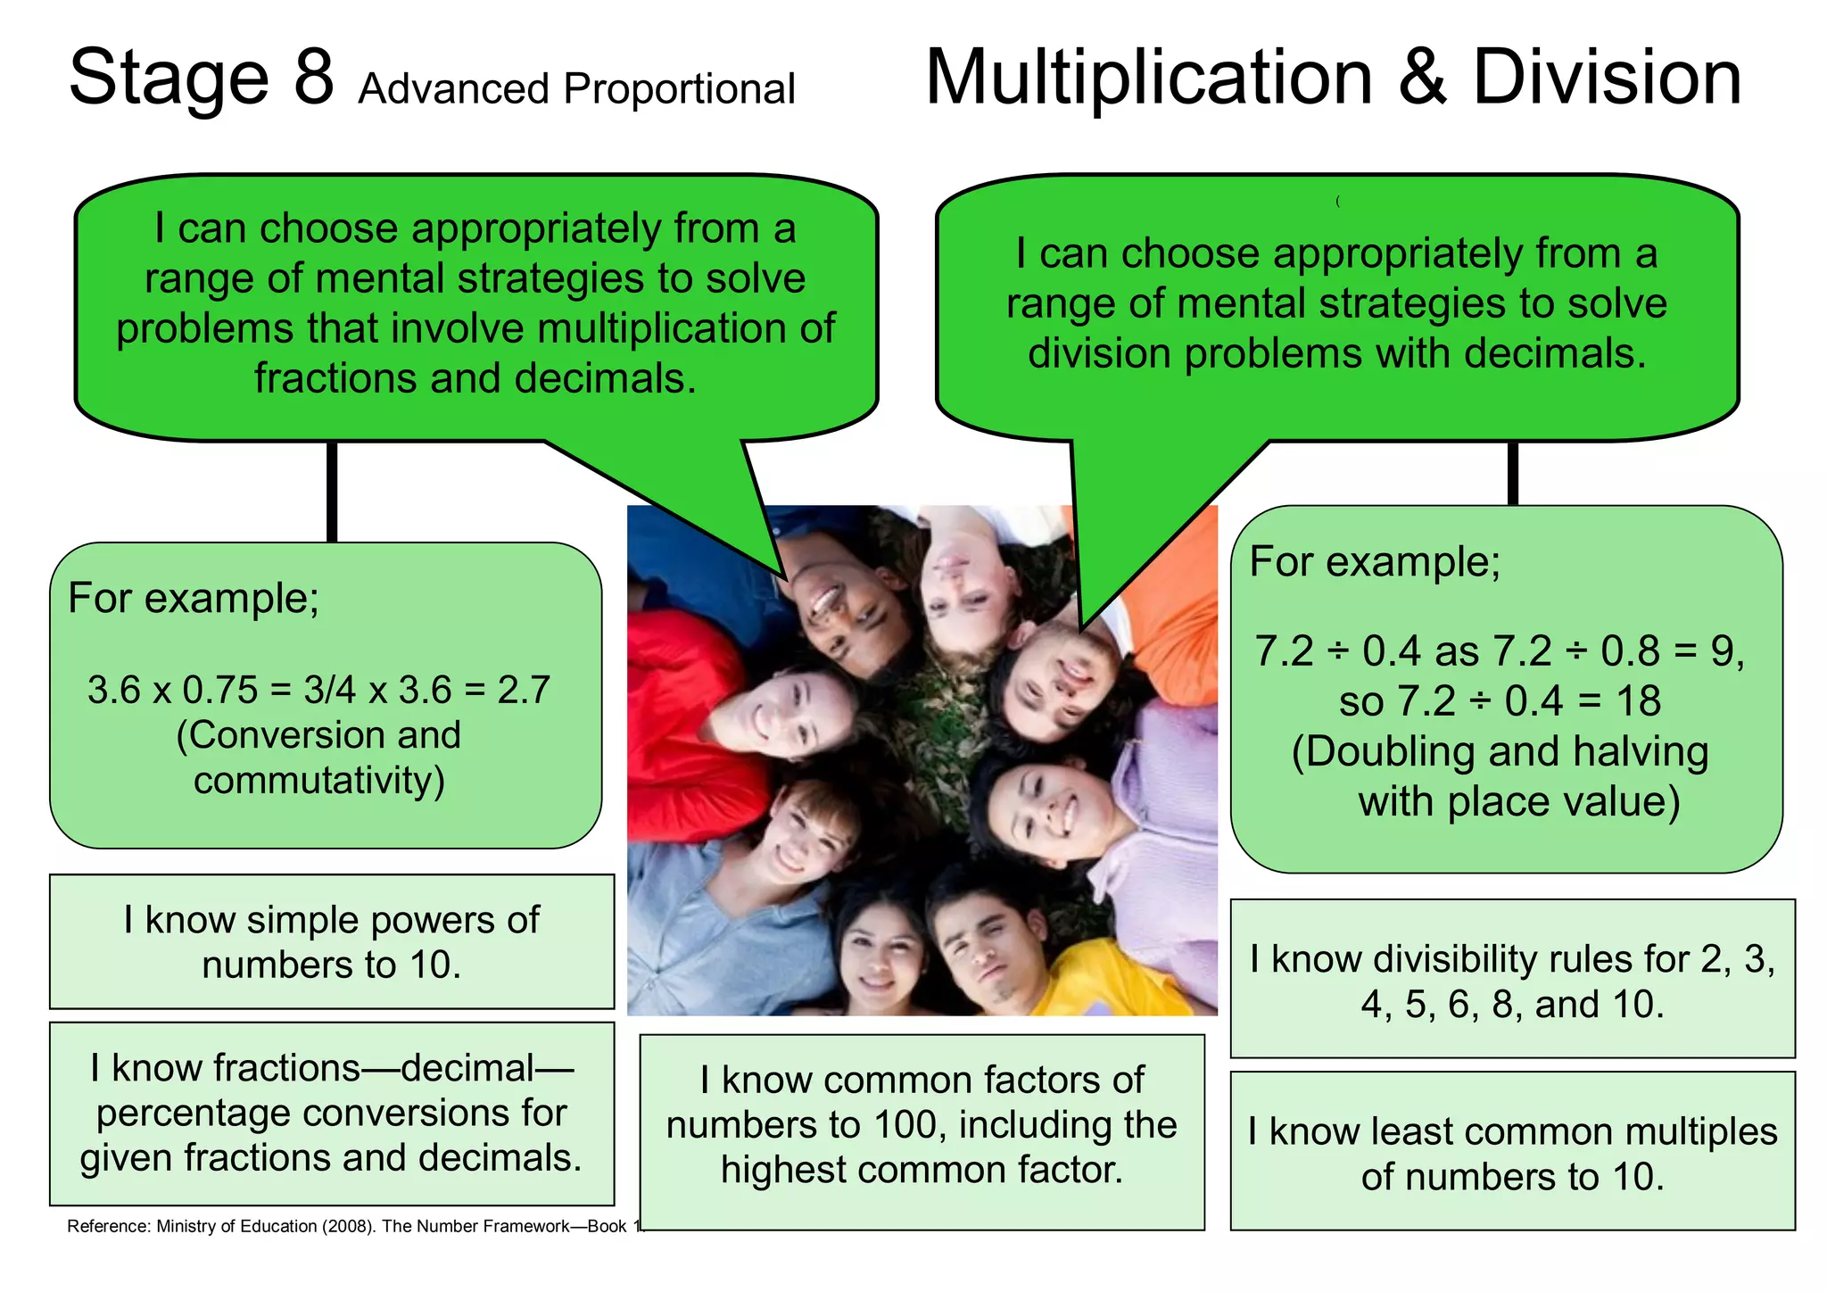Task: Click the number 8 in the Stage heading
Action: pyautogui.click(x=314, y=78)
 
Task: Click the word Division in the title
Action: pyautogui.click(x=1607, y=78)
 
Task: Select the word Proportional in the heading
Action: pyautogui.click(x=679, y=89)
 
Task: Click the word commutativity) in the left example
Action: pyautogui.click(x=319, y=780)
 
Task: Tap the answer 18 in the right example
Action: pyautogui.click(x=1638, y=701)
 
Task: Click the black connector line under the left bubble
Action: pyautogui.click(x=332, y=491)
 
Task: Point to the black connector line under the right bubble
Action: pyautogui.click(x=1513, y=473)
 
